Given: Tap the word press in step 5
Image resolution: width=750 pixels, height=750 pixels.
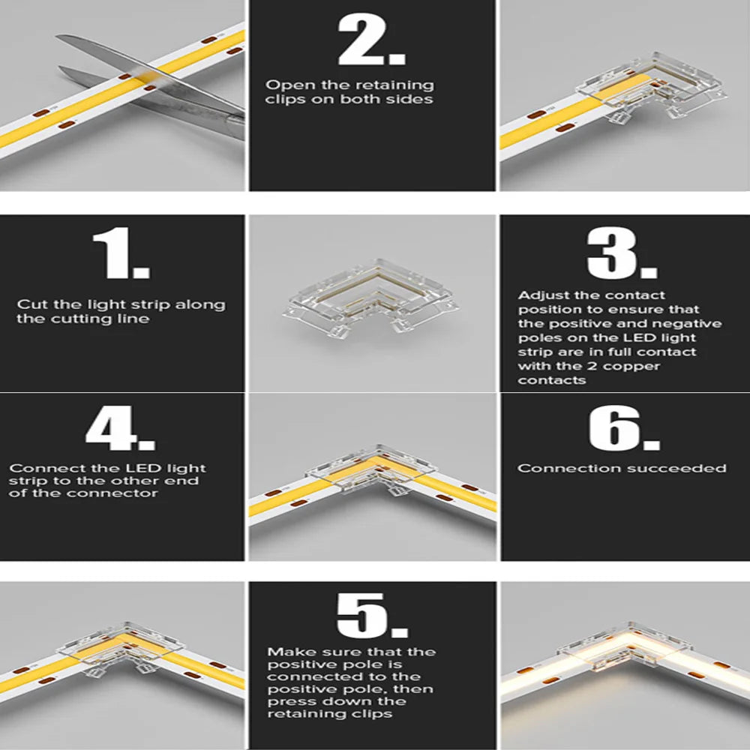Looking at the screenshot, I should click(285, 701).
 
